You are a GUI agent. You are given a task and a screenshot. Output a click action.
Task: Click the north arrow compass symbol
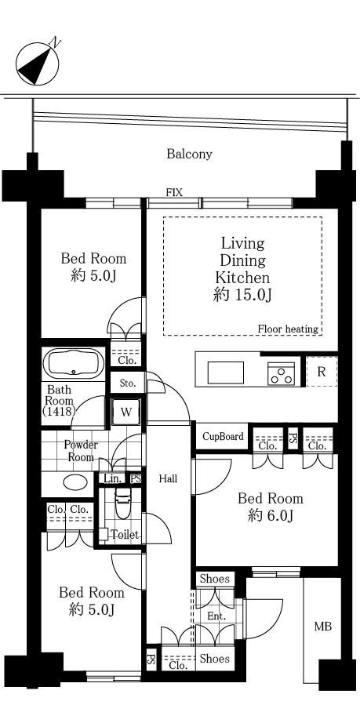[38, 64]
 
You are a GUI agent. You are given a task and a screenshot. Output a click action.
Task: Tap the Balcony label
[189, 154]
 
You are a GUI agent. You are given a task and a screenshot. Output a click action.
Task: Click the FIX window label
[174, 193]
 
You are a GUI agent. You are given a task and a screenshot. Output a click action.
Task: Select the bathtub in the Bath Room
[75, 363]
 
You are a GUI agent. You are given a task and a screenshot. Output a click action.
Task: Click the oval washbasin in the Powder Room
[75, 482]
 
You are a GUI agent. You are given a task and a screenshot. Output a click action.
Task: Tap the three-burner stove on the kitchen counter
[282, 374]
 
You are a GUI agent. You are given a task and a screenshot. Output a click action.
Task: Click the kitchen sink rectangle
[226, 372]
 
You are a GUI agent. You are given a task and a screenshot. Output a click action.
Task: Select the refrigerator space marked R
[322, 372]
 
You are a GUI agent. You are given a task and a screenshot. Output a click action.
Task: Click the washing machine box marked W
[126, 412]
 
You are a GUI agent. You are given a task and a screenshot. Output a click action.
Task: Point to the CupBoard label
[223, 436]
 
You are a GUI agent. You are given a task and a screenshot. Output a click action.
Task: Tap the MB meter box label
[322, 626]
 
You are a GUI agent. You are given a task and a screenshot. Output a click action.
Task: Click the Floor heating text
[288, 329]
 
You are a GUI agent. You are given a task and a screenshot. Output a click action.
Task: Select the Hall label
[168, 479]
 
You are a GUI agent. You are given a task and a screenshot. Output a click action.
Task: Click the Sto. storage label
[127, 383]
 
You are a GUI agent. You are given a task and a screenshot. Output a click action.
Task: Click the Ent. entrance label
[216, 616]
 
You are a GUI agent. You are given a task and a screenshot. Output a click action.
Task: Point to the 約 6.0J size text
[271, 516]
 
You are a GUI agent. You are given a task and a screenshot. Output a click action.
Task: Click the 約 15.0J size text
[243, 294]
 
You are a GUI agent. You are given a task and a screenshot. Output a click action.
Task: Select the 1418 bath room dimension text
[58, 410]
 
